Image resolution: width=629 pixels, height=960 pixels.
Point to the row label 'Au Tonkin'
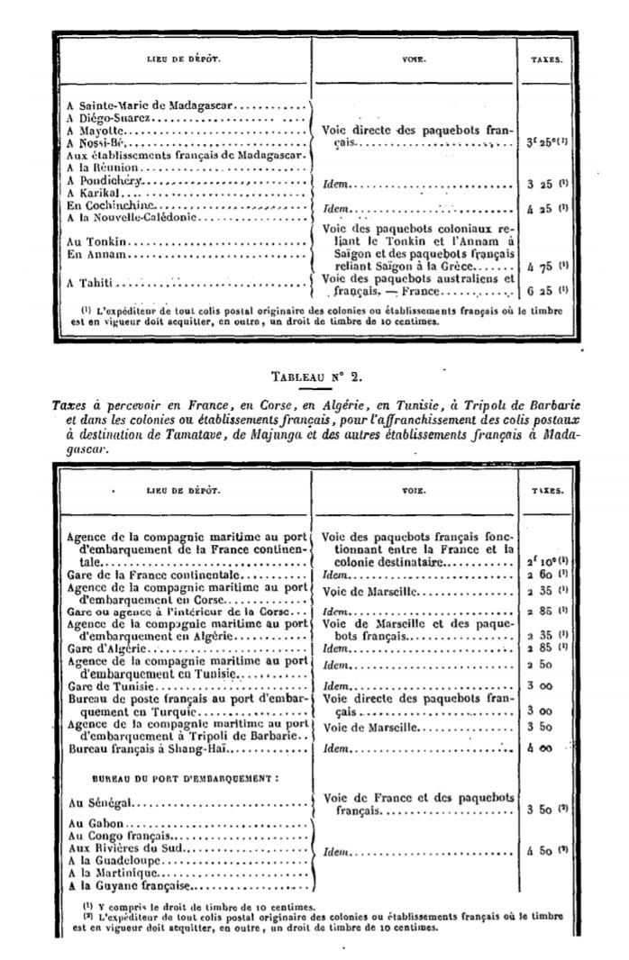click(94, 242)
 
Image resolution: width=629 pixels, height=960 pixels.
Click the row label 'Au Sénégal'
click(96, 801)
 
